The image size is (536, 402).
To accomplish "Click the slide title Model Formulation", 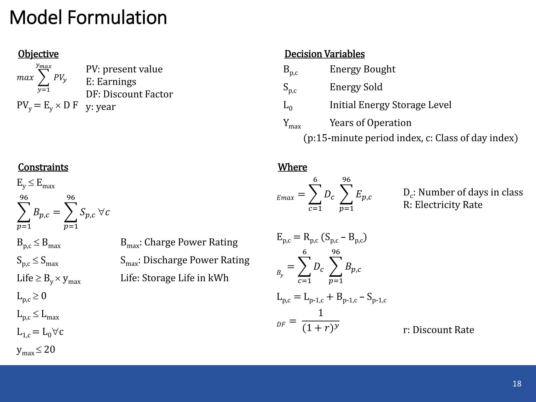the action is coord(88,18).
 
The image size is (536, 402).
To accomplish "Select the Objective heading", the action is coord(38,54).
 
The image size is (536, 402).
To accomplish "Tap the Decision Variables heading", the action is coord(325,54).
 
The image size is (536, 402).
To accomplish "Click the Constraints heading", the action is coord(43,167).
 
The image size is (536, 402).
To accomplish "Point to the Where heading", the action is coord(292,167).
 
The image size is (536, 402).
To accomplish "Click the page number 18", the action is coord(517,384).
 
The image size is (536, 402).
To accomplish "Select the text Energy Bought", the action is coord(362,69).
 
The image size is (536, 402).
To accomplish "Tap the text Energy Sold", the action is coord(356,87).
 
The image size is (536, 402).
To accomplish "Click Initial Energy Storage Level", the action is coord(390,105).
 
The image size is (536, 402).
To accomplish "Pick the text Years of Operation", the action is coord(370,123).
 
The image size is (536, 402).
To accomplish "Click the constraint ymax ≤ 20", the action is coord(36,350).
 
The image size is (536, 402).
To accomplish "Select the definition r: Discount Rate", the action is coord(438,330).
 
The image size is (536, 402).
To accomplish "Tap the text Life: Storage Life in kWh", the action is coord(174,278).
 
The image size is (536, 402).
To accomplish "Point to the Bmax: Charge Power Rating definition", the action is coord(179,242).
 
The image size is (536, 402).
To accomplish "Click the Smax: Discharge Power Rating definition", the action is coord(185,260).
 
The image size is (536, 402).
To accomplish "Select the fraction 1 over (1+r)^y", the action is coord(321,321).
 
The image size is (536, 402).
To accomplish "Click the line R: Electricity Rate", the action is coord(443,205).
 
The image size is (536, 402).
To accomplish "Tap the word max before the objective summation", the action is coord(25,77).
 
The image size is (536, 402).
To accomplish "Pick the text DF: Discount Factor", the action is coord(129,94).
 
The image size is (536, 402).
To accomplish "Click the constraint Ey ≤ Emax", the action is coord(36,183).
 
